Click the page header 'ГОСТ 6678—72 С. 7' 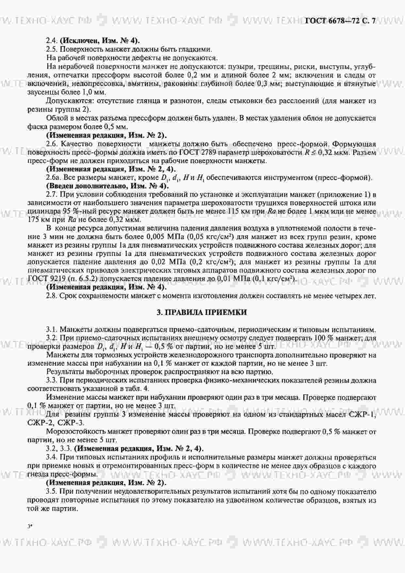click(340, 21)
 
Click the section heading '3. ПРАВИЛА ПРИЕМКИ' click(202, 312)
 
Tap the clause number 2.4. click(52, 41)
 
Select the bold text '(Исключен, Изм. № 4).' click(100, 41)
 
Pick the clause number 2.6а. click(54, 178)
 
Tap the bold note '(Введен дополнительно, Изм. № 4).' click(107, 186)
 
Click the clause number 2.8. click(52, 296)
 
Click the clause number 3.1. click(52, 329)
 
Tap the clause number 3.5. click(52, 491)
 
